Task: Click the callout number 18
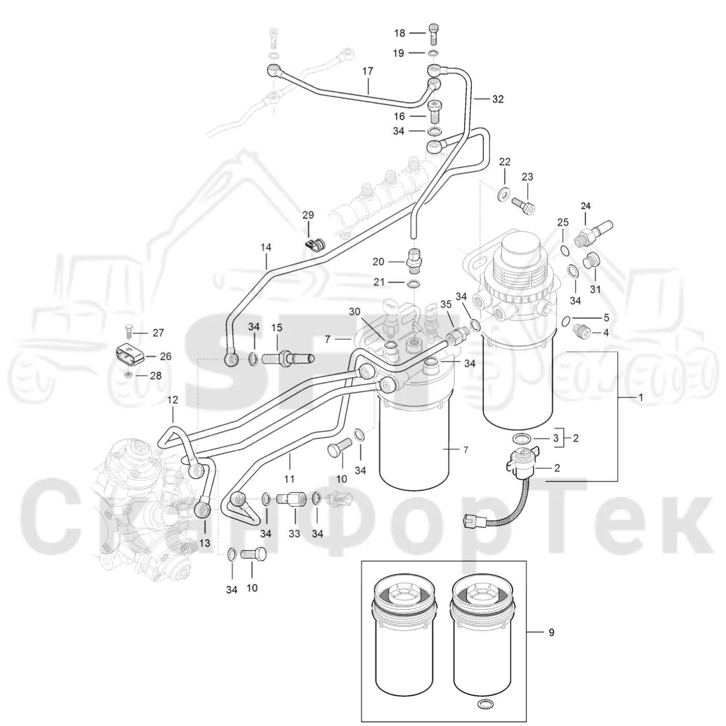tap(399, 33)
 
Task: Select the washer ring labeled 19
tap(433, 53)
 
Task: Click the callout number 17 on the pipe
tap(368, 71)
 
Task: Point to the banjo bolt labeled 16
tap(436, 112)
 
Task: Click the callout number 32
tap(498, 99)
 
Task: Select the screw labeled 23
tap(523, 205)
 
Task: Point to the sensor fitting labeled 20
tap(414, 261)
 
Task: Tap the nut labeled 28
tap(129, 375)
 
